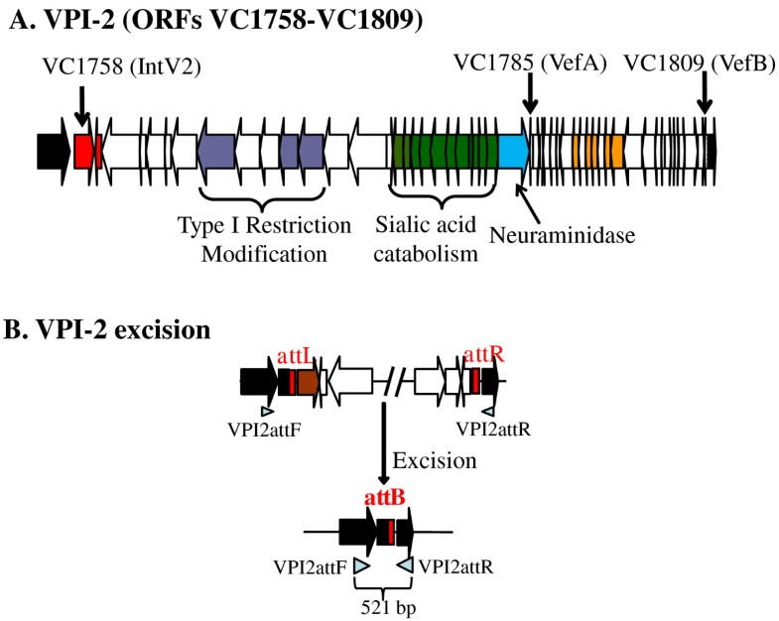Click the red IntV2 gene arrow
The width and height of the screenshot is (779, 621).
point(85,151)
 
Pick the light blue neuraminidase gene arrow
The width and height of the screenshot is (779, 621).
point(514,151)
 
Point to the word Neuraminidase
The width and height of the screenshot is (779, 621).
point(563,234)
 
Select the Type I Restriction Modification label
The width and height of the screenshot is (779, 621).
point(264,239)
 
